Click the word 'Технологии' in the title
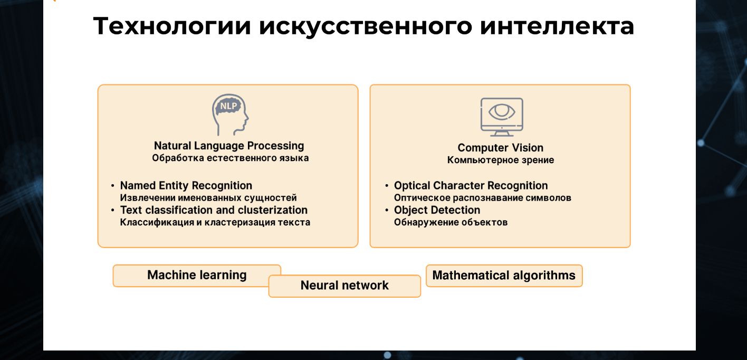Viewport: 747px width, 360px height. [172, 26]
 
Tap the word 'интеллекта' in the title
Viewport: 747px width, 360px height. [557, 26]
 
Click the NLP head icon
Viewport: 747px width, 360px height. [230, 115]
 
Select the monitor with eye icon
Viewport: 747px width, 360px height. [502, 117]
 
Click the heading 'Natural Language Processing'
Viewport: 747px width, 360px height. [229, 146]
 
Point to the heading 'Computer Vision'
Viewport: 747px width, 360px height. [500, 147]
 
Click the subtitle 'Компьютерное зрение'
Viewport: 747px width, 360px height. [501, 160]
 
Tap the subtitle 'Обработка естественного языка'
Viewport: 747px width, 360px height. [230, 158]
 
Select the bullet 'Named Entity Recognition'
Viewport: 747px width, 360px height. [186, 185]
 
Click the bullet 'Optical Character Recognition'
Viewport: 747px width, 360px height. [471, 185]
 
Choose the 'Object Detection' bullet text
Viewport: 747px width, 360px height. [437, 210]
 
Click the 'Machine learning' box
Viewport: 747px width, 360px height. [197, 276]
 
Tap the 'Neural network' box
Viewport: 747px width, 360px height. [344, 286]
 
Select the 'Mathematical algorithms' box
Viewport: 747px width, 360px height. [504, 276]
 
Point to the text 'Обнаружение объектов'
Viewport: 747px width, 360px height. [451, 222]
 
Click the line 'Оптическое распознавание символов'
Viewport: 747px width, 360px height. [483, 198]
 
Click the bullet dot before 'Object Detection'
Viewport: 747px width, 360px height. [387, 210]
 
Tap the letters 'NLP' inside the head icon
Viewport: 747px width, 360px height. [228, 106]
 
